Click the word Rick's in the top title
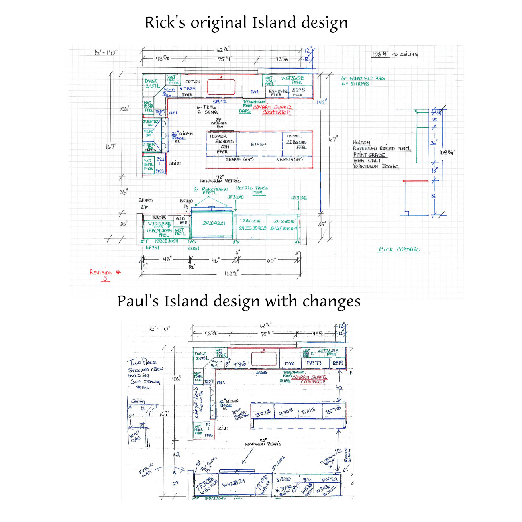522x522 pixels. coord(165,22)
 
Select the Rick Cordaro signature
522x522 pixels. coord(400,249)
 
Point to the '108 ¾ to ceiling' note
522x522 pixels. coord(395,54)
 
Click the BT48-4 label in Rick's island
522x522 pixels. coord(259,144)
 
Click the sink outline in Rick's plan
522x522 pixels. coord(221,86)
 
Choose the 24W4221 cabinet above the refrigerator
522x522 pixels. coord(213,223)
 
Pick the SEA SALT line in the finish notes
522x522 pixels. coord(367,161)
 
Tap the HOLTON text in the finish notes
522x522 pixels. coord(361,143)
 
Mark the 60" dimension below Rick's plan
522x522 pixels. coord(271,261)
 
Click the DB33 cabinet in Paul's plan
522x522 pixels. coord(314,363)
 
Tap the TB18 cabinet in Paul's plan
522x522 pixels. coord(240,364)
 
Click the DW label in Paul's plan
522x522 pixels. coord(289,364)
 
